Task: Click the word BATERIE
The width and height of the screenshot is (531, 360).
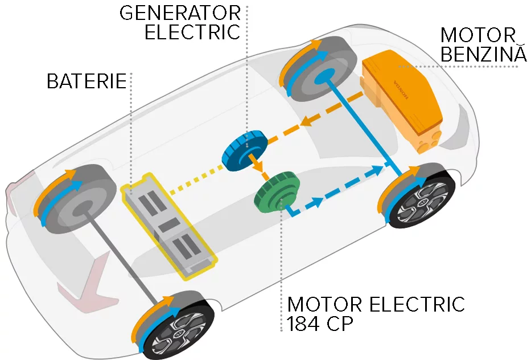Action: pos(87,81)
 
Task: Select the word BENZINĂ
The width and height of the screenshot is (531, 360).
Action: pos(484,54)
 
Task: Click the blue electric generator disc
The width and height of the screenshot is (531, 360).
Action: pos(245,152)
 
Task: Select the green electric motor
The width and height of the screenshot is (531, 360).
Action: pos(278,191)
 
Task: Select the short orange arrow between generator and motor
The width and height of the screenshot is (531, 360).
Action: pos(257,166)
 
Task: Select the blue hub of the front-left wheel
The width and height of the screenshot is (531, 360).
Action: pos(323,76)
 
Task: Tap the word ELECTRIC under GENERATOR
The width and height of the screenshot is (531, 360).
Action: pos(192,32)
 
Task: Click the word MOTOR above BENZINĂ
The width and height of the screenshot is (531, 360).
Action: pos(478,35)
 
